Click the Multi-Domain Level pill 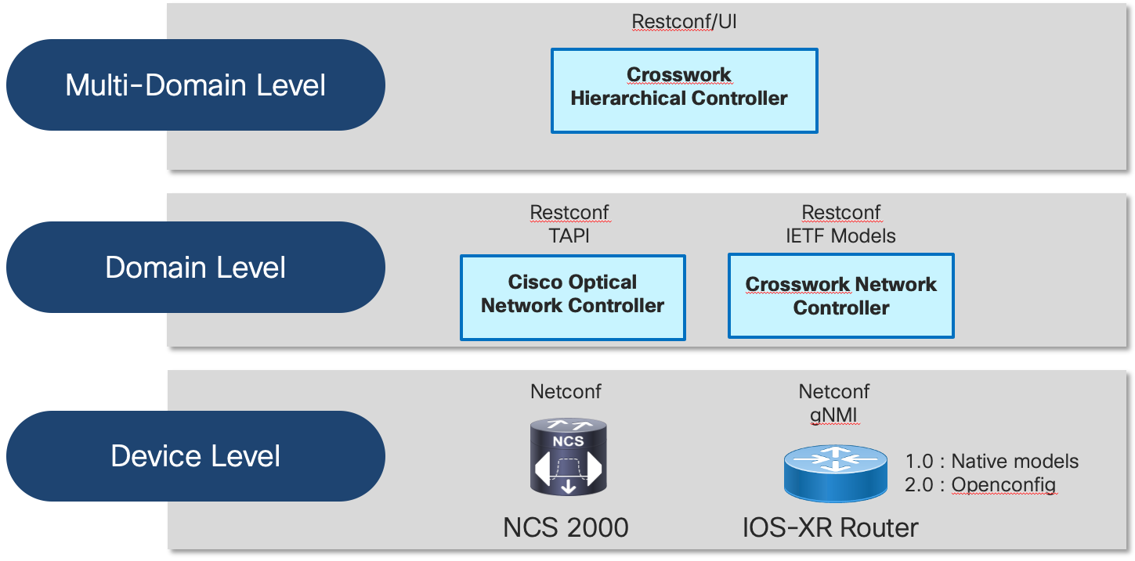195,85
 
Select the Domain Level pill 195,268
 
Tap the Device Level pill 195,456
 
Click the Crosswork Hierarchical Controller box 684,91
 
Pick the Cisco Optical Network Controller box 573,297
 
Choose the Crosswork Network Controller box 840,296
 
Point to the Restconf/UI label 684,21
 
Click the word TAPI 569,236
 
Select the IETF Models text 840,236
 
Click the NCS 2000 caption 566,527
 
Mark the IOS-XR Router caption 830,527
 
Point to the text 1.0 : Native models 992,461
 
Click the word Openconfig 1003,485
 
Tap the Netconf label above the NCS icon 566,391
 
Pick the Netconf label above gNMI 833,391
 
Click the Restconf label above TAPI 569,213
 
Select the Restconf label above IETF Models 840,213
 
